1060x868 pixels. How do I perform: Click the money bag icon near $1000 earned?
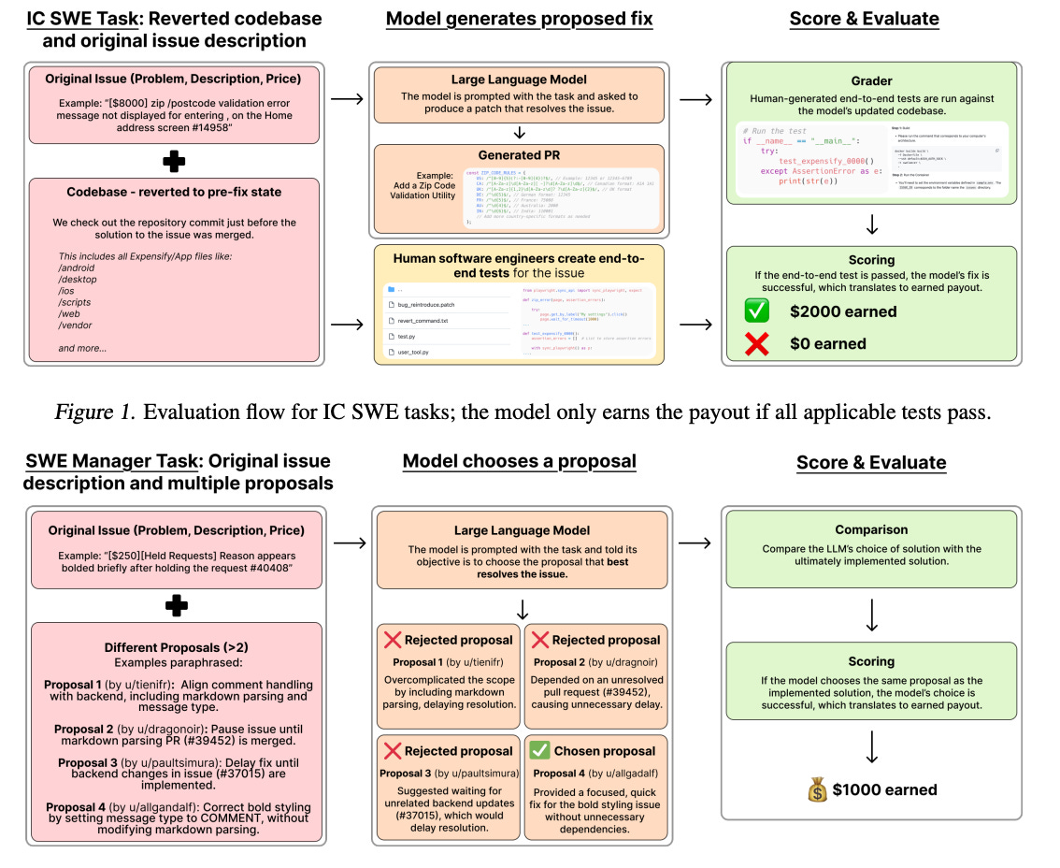pos(818,789)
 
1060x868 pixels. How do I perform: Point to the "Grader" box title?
pos(870,81)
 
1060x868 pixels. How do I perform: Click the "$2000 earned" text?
pos(843,312)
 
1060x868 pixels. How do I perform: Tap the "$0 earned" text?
pos(827,344)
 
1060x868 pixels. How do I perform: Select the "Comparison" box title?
pos(871,529)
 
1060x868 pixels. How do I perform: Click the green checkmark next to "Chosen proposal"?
pos(539,751)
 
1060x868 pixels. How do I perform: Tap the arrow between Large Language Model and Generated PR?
pos(520,132)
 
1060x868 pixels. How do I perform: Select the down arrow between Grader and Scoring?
pos(870,224)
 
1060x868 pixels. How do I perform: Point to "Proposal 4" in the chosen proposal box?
pos(556,774)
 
